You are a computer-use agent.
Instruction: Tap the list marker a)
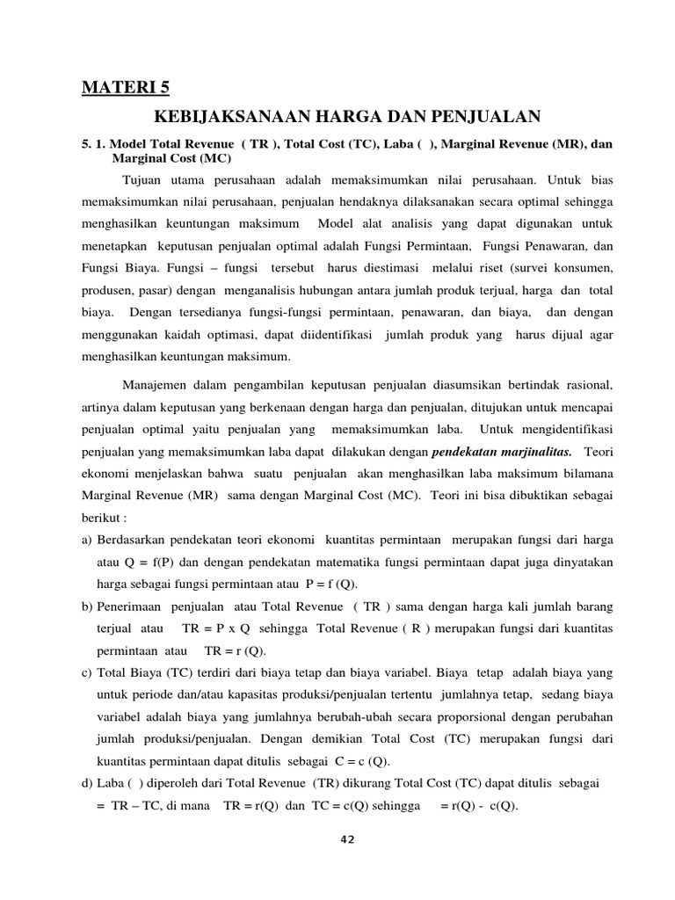click(88, 539)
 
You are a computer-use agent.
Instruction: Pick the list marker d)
click(88, 781)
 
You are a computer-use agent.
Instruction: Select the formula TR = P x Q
click(216, 628)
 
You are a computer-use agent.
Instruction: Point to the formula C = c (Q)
click(356, 760)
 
